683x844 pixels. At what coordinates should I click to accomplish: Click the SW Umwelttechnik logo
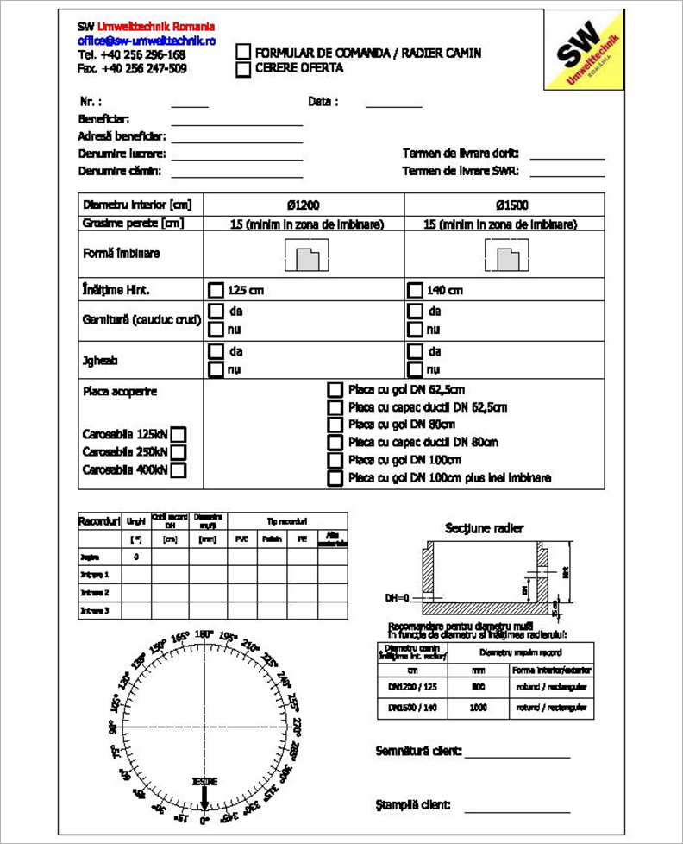click(x=583, y=50)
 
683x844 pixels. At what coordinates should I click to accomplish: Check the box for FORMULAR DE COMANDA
click(x=244, y=53)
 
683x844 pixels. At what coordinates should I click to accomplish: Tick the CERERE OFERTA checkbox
click(x=244, y=68)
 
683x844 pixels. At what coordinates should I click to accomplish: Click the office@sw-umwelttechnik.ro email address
click(x=147, y=41)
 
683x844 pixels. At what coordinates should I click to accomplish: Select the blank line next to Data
click(x=393, y=106)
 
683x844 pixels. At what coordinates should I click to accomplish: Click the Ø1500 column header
click(x=511, y=205)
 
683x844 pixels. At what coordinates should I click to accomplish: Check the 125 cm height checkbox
click(x=216, y=290)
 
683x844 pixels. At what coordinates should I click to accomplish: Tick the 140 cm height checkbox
click(x=415, y=290)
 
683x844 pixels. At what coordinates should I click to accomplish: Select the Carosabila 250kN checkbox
click(x=179, y=452)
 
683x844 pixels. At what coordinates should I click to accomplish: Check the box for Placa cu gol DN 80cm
click(x=335, y=425)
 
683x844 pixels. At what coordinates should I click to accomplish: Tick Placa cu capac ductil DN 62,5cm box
click(x=335, y=407)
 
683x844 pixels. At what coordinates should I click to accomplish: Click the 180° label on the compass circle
click(x=204, y=634)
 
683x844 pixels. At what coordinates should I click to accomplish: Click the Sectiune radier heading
click(x=484, y=528)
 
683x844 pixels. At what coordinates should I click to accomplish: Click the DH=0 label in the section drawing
click(x=398, y=598)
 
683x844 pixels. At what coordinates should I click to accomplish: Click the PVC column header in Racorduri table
click(x=241, y=539)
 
